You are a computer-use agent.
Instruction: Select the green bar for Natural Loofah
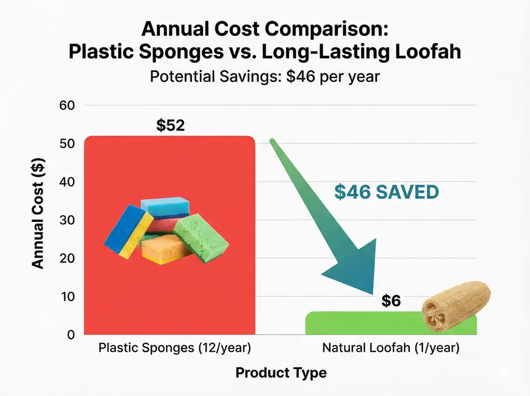click(x=364, y=323)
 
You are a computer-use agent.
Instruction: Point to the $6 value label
click(x=390, y=301)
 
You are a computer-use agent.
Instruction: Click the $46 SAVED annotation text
click(x=386, y=192)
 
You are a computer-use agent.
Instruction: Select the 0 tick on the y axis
click(x=71, y=335)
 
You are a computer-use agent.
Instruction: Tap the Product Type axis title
click(x=281, y=373)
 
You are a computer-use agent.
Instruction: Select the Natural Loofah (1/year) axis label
click(x=390, y=349)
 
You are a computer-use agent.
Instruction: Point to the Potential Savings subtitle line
click(x=265, y=76)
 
